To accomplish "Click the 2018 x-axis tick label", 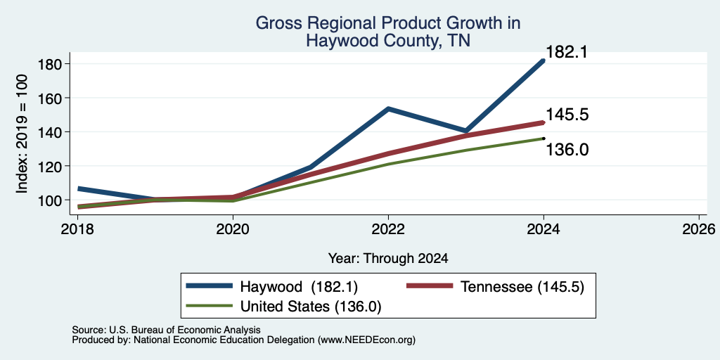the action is coord(77,229).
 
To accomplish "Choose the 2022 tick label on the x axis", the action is coord(388,229).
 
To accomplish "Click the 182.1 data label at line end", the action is coord(567,52).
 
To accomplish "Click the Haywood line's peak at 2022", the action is coord(388,109).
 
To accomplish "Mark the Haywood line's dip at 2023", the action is coord(466,131).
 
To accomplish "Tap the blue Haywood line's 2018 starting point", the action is coord(79,188).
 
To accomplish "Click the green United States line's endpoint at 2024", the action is coord(544,139).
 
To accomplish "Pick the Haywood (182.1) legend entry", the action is coord(272,287).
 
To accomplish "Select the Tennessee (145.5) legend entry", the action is coord(496,287).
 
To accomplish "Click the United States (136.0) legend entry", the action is coord(283,307).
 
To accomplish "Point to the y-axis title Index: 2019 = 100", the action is coord(22,134).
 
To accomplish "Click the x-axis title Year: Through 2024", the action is coord(388,259).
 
